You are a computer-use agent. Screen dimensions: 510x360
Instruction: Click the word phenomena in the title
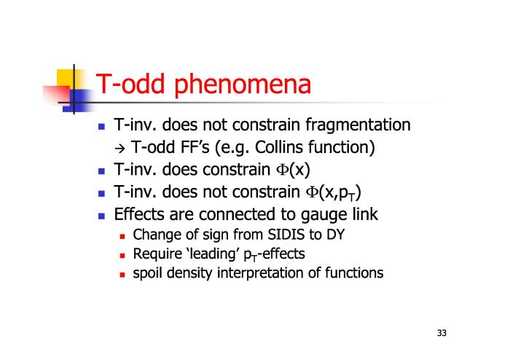coord(243,85)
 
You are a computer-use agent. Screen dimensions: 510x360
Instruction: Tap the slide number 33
coord(442,333)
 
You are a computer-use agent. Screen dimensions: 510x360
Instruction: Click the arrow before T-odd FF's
coord(119,149)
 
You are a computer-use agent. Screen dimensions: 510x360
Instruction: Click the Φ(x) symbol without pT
coord(293,170)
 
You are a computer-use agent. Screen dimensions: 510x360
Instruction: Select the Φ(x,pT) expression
coord(334,192)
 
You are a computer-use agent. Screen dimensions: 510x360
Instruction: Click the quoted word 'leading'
coord(213,254)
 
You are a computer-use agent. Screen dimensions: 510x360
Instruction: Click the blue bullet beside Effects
coord(101,216)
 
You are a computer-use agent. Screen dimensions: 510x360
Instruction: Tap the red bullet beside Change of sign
coord(122,236)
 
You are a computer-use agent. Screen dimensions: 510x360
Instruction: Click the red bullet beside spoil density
coord(122,275)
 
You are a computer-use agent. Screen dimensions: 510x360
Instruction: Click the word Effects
coord(138,214)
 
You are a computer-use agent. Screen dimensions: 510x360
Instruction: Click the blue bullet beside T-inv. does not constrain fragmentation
coord(101,127)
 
